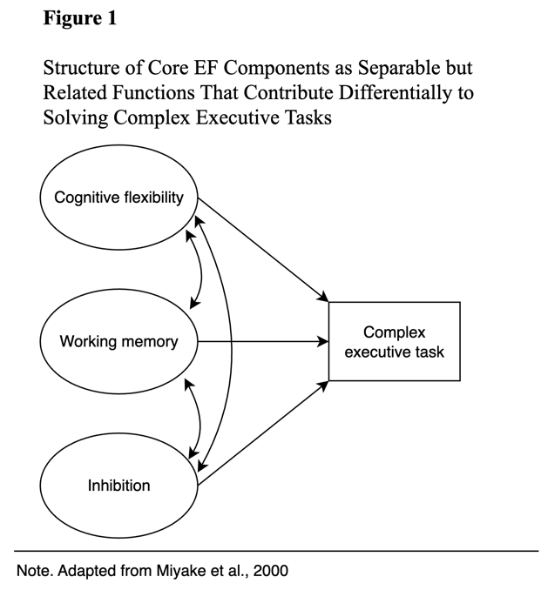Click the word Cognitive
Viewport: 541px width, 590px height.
pos(86,198)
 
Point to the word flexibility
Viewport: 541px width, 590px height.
pos(153,198)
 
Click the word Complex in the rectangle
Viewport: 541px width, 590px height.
pos(395,332)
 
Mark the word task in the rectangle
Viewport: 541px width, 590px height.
pos(429,352)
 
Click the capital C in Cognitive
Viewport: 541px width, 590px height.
pos(59,198)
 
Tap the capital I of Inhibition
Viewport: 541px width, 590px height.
pos(90,486)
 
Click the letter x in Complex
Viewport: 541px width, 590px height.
pos(422,332)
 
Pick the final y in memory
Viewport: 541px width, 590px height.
pos(173,344)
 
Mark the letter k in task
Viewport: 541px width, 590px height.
pos(440,352)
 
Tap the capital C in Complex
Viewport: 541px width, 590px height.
pos(369,332)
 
